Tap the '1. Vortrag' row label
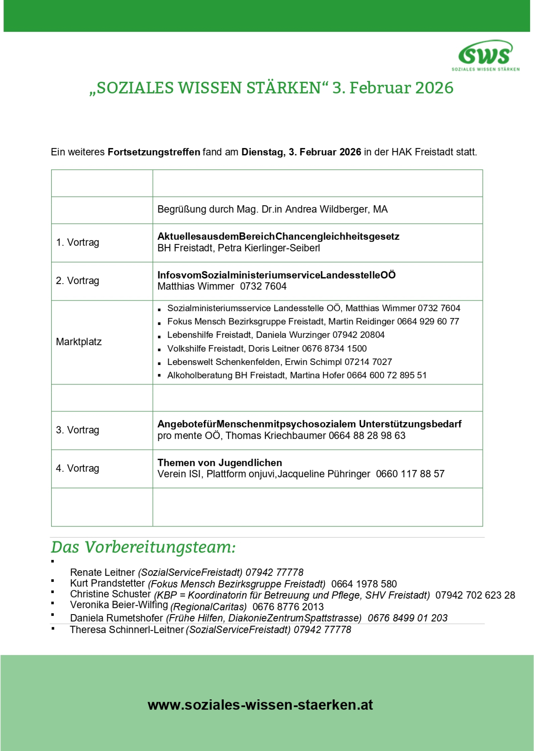(x=77, y=242)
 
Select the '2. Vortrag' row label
(x=77, y=280)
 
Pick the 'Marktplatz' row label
(x=79, y=342)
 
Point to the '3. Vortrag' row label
(x=77, y=430)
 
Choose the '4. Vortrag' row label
(x=77, y=468)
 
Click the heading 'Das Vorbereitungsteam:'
(x=143, y=547)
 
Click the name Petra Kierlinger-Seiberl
(x=269, y=248)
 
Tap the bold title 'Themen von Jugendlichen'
(x=219, y=463)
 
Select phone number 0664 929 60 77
(x=428, y=321)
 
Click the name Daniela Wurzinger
(x=293, y=335)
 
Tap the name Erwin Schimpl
(x=313, y=362)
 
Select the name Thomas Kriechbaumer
(x=276, y=436)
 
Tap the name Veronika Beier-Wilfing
(x=119, y=605)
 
